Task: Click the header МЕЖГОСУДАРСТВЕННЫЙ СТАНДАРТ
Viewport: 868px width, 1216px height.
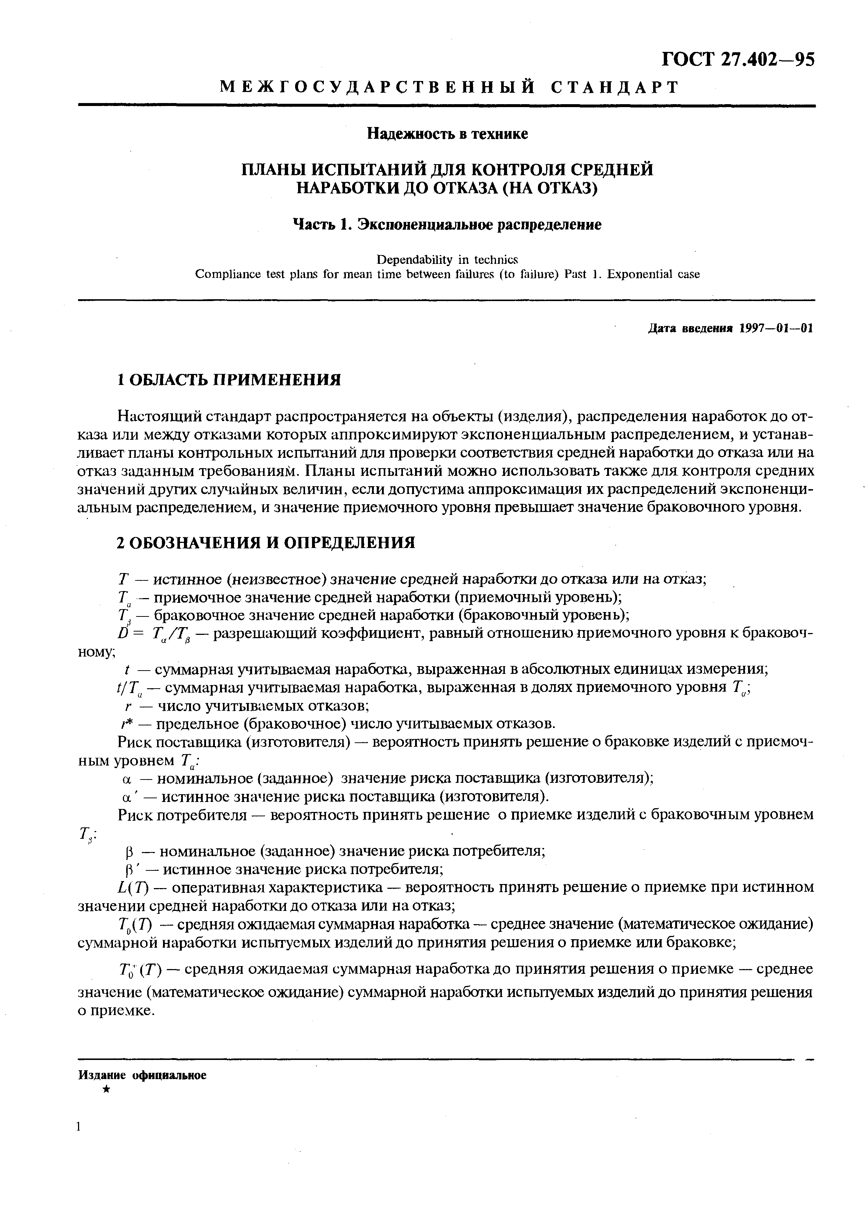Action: coord(449,87)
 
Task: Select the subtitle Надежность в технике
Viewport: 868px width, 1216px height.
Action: coord(447,134)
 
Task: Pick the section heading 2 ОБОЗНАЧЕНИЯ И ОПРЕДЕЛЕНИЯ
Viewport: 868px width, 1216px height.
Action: coord(266,542)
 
